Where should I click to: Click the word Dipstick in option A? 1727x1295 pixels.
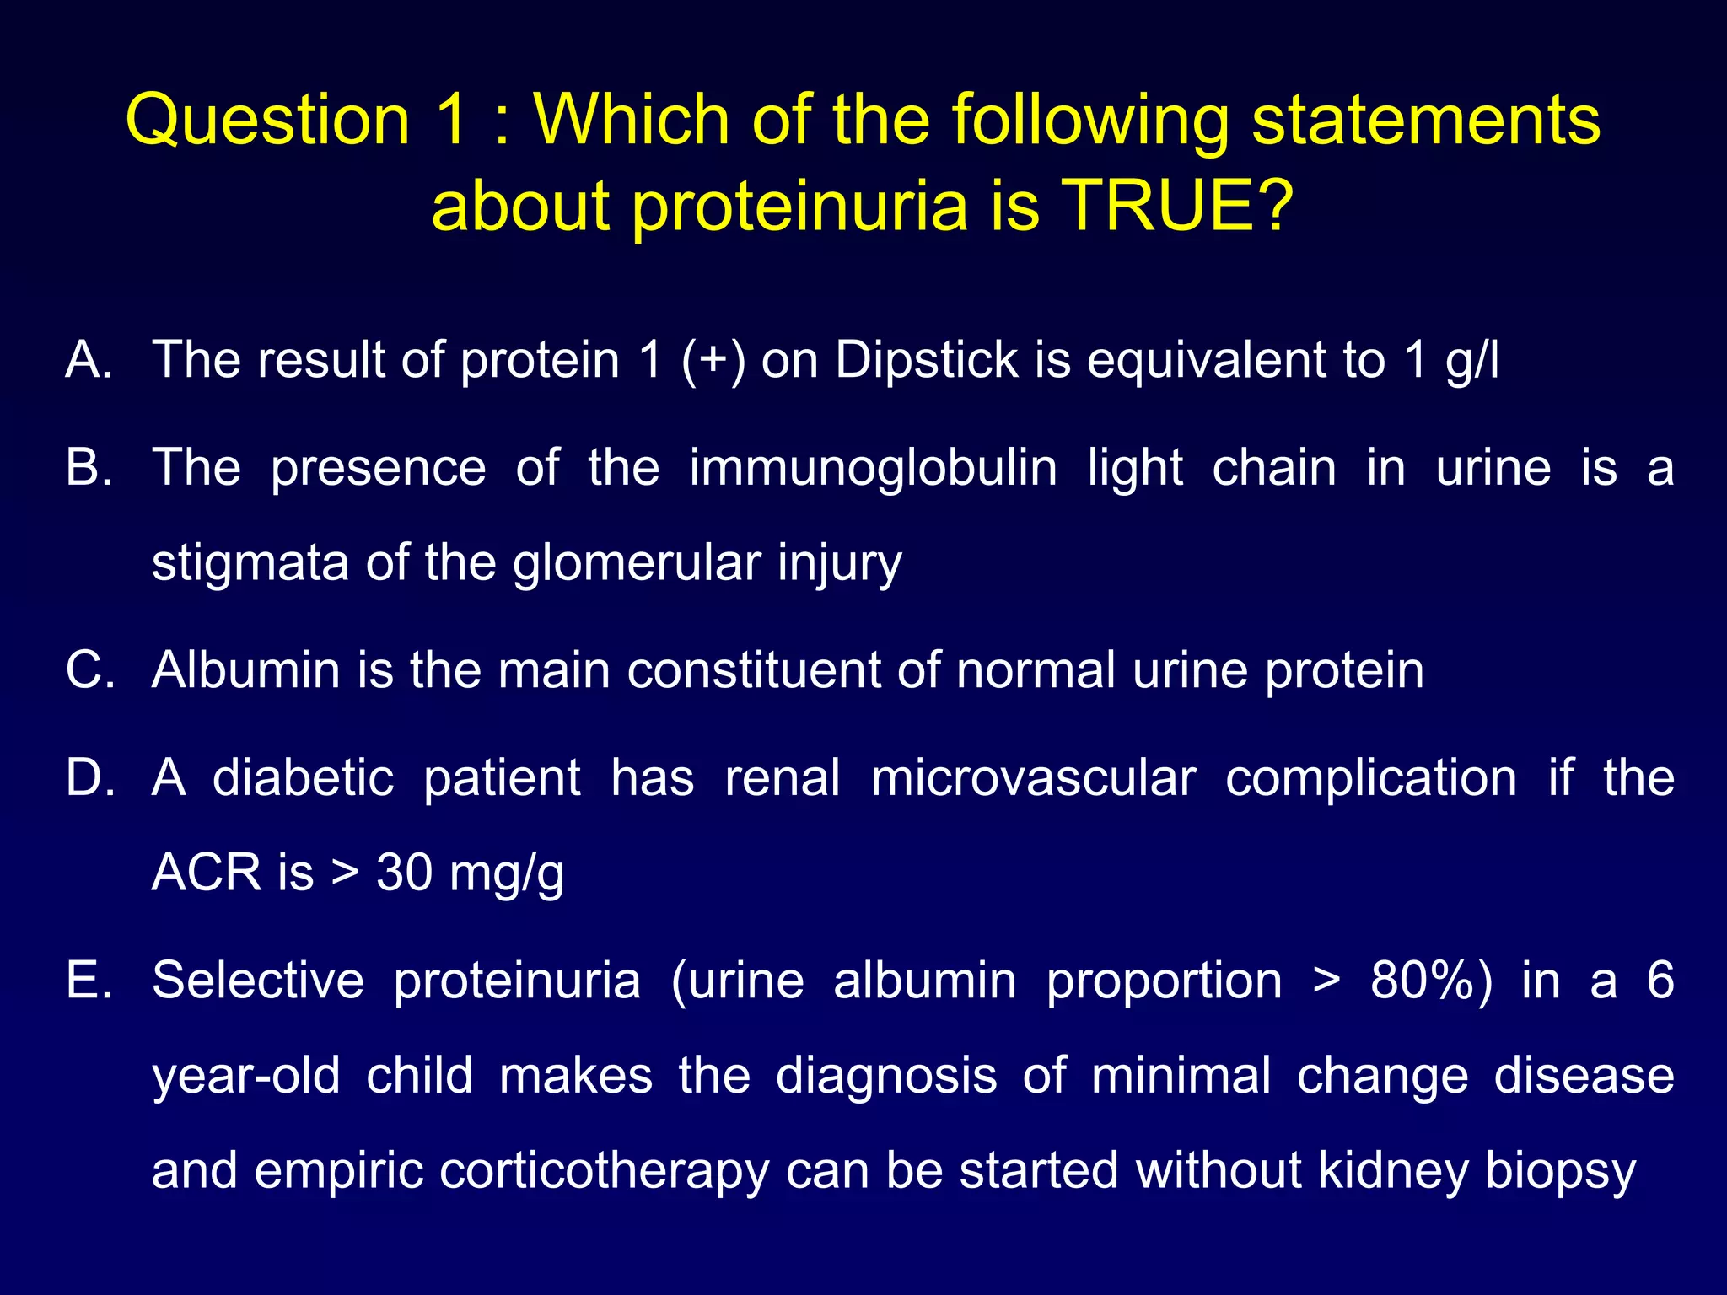pyautogui.click(x=927, y=360)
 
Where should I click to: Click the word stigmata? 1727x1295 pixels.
pyautogui.click(x=250, y=563)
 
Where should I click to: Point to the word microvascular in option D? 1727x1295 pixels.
pyautogui.click(x=1033, y=777)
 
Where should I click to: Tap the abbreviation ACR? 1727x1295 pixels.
pyautogui.click(x=206, y=873)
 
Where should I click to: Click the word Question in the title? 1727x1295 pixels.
pyautogui.click(x=267, y=120)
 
